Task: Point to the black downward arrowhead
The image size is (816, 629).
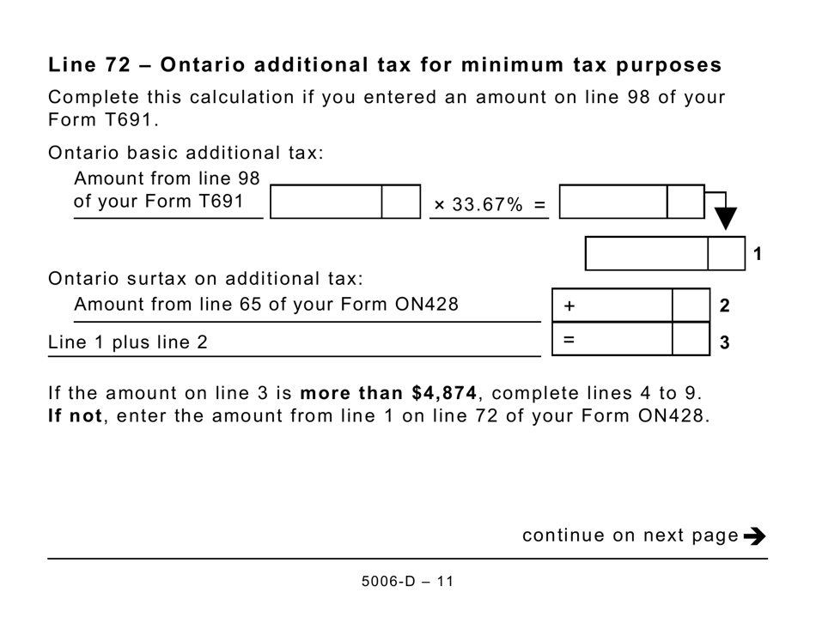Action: tap(726, 218)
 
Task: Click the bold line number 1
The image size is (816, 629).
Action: tap(758, 254)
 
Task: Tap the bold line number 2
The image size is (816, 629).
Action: tap(724, 305)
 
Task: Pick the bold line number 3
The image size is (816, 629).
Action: tap(724, 343)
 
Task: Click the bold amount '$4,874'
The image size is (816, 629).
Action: tap(445, 393)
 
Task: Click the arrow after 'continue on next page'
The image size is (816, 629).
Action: tap(755, 536)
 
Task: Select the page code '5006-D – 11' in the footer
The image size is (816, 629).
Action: tap(407, 582)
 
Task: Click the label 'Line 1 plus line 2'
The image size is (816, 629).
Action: tap(128, 342)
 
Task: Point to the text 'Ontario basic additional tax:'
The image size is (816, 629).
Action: tap(186, 154)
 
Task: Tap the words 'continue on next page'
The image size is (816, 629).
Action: tap(630, 536)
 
